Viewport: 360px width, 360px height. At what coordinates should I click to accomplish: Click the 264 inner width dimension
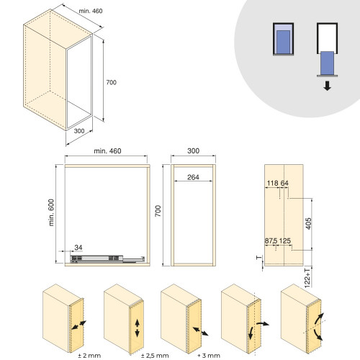(193, 177)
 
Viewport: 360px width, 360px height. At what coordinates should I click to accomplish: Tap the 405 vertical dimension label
(309, 223)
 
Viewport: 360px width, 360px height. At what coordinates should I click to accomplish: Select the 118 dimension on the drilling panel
(273, 183)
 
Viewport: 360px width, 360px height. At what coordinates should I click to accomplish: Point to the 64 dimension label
(284, 183)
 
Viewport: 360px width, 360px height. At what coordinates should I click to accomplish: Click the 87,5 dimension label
(271, 240)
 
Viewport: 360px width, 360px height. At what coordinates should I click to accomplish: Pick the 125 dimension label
(285, 240)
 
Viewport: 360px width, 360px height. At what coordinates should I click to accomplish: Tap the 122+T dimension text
(307, 278)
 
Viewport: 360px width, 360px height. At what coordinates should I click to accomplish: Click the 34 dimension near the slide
(78, 248)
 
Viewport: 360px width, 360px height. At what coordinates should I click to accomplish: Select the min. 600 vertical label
(52, 212)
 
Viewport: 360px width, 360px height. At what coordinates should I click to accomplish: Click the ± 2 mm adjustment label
(89, 356)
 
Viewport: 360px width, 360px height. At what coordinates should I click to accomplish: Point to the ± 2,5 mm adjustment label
(155, 356)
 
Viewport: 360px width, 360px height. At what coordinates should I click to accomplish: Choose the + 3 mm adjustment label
(209, 356)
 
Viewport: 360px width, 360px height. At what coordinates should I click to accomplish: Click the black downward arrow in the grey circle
(327, 86)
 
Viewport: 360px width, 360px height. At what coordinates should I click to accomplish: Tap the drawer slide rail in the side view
(107, 258)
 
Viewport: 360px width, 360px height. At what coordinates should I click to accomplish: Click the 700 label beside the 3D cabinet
(112, 82)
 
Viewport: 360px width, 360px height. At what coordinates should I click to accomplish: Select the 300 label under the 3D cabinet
(79, 131)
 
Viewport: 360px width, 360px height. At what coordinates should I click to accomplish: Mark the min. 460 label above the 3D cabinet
(91, 11)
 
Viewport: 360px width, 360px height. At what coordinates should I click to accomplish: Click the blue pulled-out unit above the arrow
(327, 63)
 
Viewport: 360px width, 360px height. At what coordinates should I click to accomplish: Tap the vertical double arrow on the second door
(137, 328)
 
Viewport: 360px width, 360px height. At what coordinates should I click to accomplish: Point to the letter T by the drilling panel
(259, 258)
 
